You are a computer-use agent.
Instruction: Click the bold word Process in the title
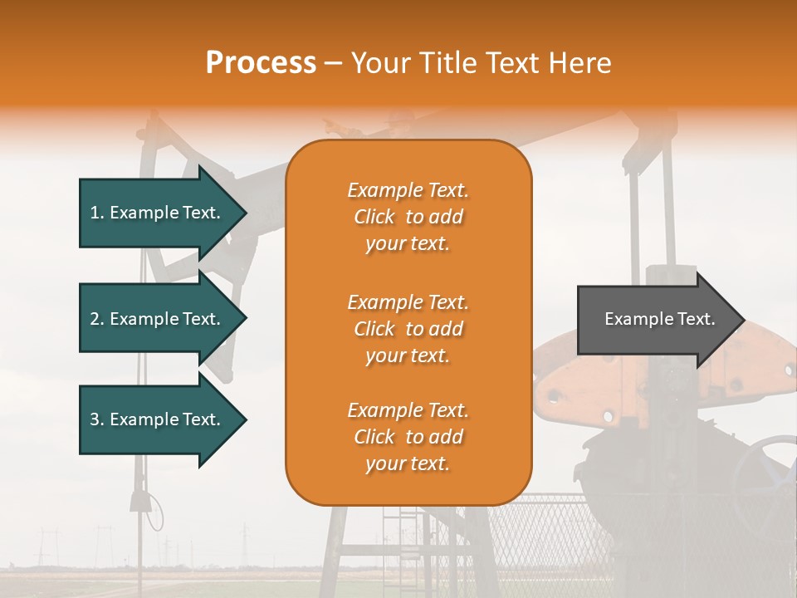pyautogui.click(x=261, y=63)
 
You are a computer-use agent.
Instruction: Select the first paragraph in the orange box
pyautogui.click(x=408, y=217)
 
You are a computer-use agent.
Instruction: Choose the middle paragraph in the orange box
pyautogui.click(x=408, y=329)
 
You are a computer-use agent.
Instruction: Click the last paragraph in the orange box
pyautogui.click(x=408, y=437)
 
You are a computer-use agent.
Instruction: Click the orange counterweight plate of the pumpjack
pyautogui.click(x=581, y=382)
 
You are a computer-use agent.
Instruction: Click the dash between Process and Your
pyautogui.click(x=334, y=63)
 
